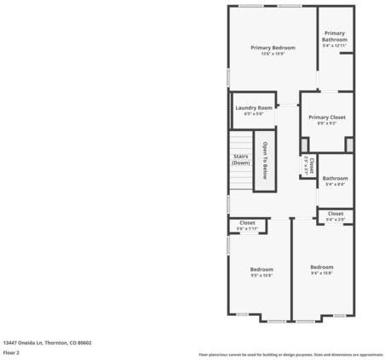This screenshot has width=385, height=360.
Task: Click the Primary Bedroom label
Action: point(273,48)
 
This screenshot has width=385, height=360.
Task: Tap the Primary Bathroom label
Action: point(335,37)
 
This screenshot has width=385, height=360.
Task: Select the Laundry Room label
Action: point(254,107)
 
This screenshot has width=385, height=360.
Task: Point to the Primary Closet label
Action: point(326,117)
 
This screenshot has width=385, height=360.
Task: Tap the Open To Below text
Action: point(265,160)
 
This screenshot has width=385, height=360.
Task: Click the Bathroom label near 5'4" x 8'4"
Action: point(335,178)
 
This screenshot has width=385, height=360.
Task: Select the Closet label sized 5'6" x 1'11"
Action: point(247,222)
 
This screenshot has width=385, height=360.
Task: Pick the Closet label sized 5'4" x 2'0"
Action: point(335,213)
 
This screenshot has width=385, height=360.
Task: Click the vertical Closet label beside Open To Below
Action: point(311,163)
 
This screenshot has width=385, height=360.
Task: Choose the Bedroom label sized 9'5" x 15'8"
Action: point(261,269)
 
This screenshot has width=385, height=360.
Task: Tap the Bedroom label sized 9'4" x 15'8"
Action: point(321,267)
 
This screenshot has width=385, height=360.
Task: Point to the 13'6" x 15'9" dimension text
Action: point(273,55)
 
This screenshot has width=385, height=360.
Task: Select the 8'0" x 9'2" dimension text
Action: point(326,124)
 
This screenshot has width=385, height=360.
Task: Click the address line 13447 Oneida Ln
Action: point(47,343)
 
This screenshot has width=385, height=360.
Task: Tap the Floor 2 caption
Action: point(12,352)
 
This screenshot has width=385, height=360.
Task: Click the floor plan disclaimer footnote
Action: point(290,353)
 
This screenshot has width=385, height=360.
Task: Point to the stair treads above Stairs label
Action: point(241,140)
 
